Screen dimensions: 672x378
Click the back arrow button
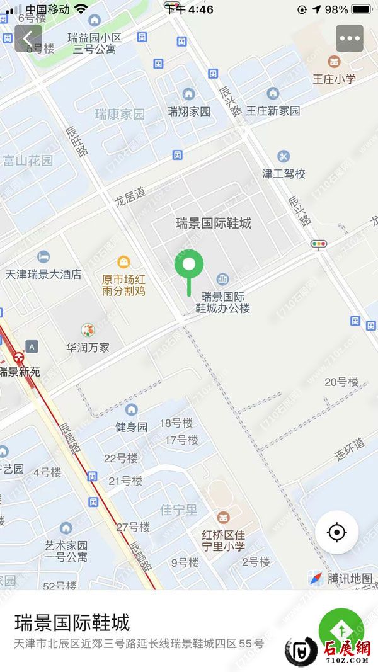(28, 38)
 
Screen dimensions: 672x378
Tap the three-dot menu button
(350, 38)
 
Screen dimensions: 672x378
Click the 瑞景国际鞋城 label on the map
(214, 223)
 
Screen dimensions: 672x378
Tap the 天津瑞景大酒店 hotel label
(43, 274)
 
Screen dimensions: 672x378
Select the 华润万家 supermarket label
(88, 347)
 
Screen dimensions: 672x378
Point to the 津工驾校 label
(283, 173)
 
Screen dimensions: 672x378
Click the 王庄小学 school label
(335, 79)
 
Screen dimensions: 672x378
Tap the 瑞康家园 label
(120, 114)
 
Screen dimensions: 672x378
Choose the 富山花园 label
(28, 160)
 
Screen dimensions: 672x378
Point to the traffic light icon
(319, 243)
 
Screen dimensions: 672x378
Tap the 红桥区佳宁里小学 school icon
(223, 518)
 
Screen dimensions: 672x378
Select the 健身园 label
(131, 426)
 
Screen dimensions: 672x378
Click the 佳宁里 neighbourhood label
(179, 510)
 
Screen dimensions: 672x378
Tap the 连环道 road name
(350, 450)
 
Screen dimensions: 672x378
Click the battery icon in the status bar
(362, 9)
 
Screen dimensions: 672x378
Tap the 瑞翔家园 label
(188, 111)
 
